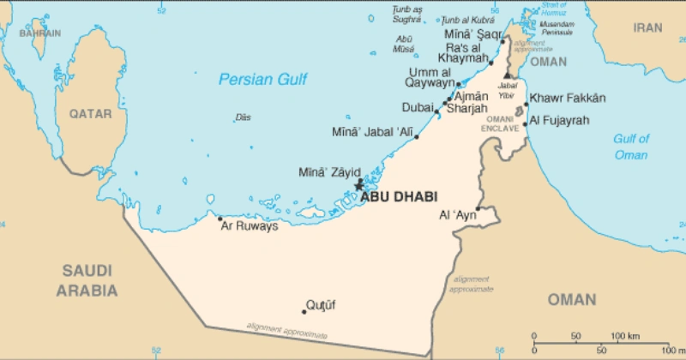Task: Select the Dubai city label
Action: pyautogui.click(x=418, y=108)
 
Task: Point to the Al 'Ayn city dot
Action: pyautogui.click(x=478, y=207)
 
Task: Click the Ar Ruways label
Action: pyautogui.click(x=250, y=227)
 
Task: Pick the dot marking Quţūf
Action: pyautogui.click(x=304, y=311)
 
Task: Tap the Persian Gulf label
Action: pyautogui.click(x=262, y=80)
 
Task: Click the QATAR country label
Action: pyautogui.click(x=91, y=113)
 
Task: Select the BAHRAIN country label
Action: pyautogui.click(x=40, y=33)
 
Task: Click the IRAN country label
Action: pyautogui.click(x=647, y=27)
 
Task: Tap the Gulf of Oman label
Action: pyautogui.click(x=631, y=147)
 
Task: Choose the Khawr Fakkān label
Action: pyautogui.click(x=568, y=99)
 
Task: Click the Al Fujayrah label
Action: pyautogui.click(x=560, y=121)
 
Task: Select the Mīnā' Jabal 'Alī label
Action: pyautogui.click(x=371, y=133)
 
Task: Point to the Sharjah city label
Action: pyautogui.click(x=467, y=109)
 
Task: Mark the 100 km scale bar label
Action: pyautogui.click(x=623, y=334)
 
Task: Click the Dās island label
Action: pyautogui.click(x=244, y=117)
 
